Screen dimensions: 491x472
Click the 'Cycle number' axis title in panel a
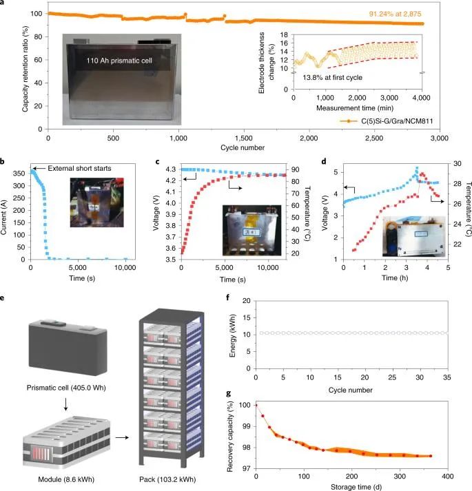click(235, 148)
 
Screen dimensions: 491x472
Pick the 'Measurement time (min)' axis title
click(357, 109)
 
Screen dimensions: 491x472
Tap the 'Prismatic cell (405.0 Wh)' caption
click(73, 388)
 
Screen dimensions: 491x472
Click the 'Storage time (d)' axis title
click(352, 487)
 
